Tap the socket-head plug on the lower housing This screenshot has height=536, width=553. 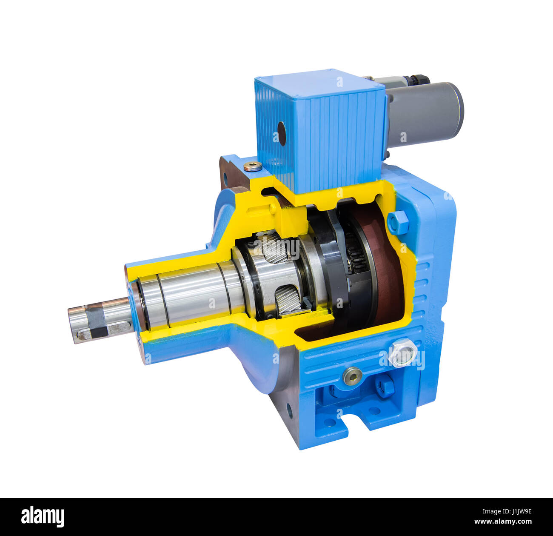tap(353, 376)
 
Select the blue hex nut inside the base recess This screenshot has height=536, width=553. tap(384, 387)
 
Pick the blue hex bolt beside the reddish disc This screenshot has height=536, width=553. tap(398, 222)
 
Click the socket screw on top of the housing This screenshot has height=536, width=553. tap(253, 166)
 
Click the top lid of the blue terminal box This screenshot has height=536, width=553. tap(319, 83)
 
